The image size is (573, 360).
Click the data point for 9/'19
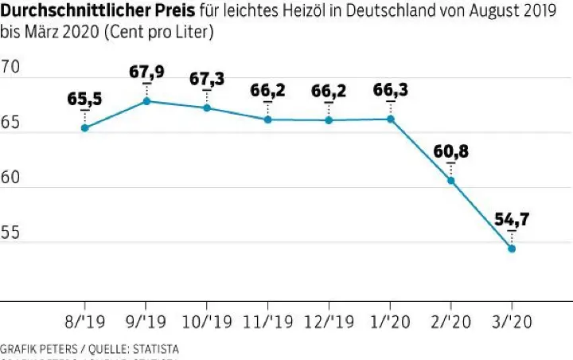click(x=146, y=101)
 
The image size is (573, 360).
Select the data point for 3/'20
click(x=512, y=248)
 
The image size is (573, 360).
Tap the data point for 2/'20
click(x=451, y=181)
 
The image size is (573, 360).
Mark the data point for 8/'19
click(x=84, y=127)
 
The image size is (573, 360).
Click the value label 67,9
click(x=146, y=72)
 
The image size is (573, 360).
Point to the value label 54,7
click(x=512, y=220)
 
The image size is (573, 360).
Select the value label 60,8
click(x=451, y=152)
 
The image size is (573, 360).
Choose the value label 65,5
click(x=84, y=100)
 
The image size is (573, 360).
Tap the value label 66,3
click(x=390, y=91)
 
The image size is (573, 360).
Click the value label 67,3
click(x=207, y=80)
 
